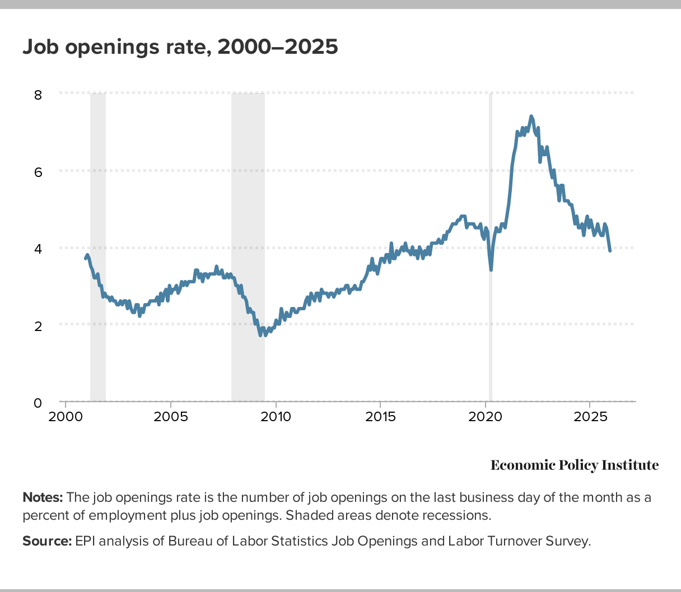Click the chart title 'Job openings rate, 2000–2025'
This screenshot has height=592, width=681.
tap(180, 47)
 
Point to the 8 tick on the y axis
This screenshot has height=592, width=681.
tap(38, 94)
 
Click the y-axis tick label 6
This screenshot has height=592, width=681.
tap(38, 172)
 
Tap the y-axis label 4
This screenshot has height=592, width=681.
tap(38, 249)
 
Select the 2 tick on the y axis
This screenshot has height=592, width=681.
tap(38, 325)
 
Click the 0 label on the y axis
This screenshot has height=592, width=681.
tap(38, 403)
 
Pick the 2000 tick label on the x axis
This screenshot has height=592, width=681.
tap(66, 417)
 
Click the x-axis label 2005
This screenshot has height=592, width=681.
tap(170, 417)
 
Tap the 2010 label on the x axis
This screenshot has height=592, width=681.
tap(276, 417)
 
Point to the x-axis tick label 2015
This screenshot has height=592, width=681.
tap(380, 417)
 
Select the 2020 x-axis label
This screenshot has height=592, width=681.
tap(485, 417)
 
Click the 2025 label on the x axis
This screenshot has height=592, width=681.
tap(590, 417)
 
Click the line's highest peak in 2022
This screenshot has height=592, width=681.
tap(531, 116)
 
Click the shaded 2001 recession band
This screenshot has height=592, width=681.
tap(98, 246)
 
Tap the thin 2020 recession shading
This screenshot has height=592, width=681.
tap(491, 336)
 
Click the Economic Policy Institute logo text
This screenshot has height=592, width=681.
tap(575, 465)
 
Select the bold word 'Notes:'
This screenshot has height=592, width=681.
tap(43, 497)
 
